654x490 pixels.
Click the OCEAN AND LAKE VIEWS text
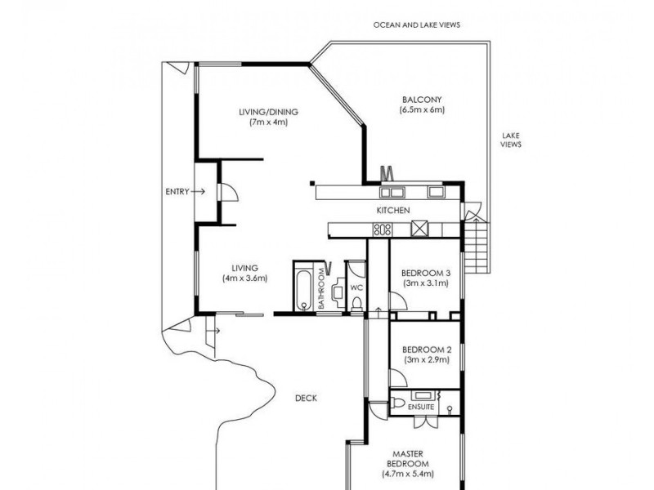click(x=417, y=25)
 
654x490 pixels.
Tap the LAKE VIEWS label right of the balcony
click(x=511, y=140)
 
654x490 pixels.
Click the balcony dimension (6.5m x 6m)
click(x=421, y=109)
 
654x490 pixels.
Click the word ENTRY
click(x=177, y=191)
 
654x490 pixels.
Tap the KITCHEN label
click(x=392, y=211)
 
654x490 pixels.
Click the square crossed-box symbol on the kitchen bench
click(x=420, y=229)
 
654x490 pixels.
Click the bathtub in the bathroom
click(x=304, y=287)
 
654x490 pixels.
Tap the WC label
click(x=356, y=288)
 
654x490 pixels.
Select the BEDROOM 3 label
click(x=425, y=273)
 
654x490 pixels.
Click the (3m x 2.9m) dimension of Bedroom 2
click(x=425, y=360)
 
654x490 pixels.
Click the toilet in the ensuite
click(x=397, y=403)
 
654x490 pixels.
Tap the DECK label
click(x=307, y=399)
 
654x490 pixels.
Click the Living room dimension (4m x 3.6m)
click(x=245, y=278)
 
